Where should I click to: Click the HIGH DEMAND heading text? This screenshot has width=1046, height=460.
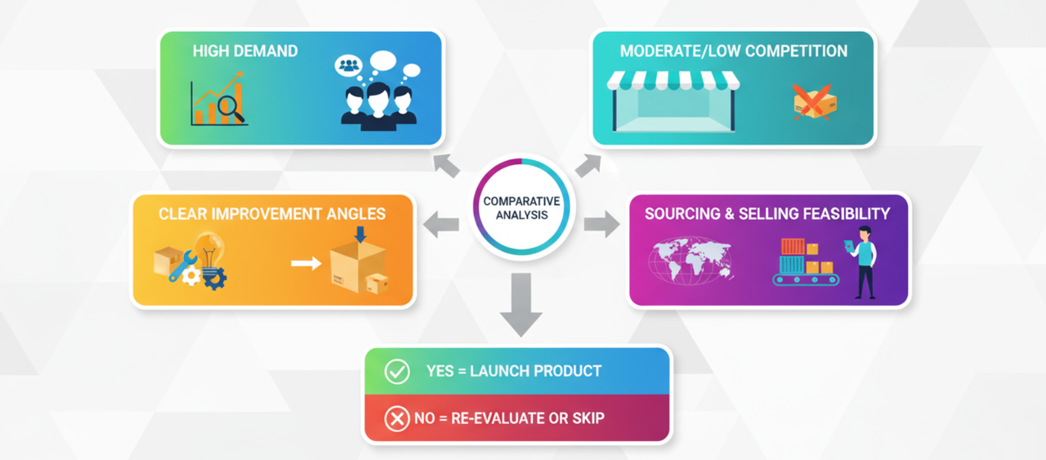[x=245, y=51]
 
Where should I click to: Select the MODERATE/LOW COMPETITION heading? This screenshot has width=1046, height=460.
[x=733, y=51]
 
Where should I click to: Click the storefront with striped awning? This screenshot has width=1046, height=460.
[x=674, y=102]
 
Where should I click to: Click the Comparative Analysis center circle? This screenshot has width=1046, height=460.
[x=521, y=208]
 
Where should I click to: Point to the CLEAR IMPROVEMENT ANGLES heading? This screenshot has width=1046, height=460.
[x=272, y=214]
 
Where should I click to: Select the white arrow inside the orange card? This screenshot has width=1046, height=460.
[x=306, y=263]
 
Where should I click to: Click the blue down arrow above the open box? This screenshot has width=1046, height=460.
[x=360, y=234]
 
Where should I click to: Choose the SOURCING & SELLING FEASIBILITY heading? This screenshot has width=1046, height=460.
[x=767, y=214]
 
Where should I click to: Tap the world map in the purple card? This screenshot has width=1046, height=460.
[x=691, y=260]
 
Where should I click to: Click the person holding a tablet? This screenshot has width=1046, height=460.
[x=863, y=261]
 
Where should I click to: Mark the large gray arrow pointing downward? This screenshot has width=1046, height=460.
[x=520, y=304]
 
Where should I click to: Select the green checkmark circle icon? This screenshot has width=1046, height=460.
[x=397, y=372]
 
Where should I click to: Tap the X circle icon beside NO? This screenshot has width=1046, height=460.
[x=397, y=419]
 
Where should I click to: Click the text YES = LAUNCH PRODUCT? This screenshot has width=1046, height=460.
[x=513, y=371]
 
